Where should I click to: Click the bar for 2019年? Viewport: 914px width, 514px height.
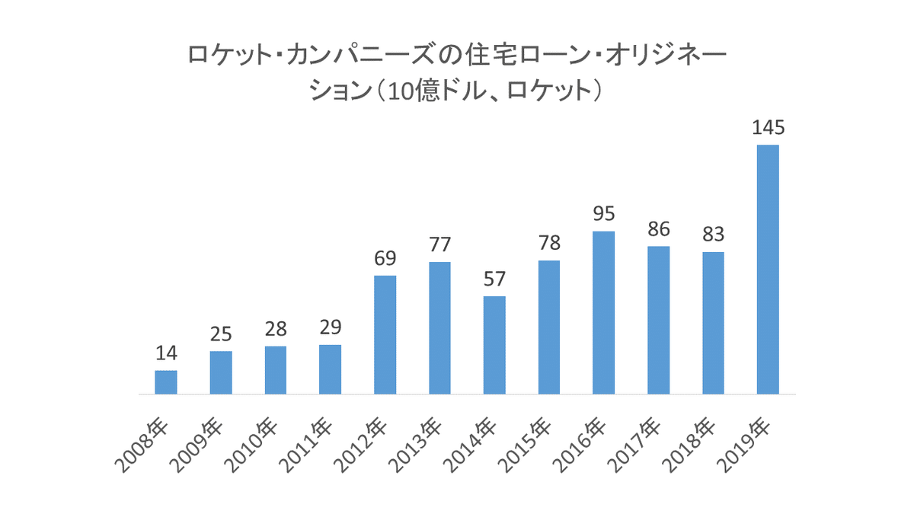coord(768,270)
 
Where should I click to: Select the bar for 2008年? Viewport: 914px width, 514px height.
coord(166,382)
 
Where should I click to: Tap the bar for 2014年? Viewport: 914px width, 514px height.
coord(494,345)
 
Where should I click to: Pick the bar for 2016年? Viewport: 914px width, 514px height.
coord(604,312)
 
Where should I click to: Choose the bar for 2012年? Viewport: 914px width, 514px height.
coord(385,335)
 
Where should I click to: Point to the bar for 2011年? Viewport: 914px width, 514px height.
coord(331,369)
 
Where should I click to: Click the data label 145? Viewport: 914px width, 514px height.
coord(768,128)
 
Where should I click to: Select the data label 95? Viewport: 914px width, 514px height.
coord(604,214)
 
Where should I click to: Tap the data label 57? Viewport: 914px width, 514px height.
coord(494,279)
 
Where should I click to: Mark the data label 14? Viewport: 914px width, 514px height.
coord(166,353)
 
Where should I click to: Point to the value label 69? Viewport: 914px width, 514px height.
coord(385,258)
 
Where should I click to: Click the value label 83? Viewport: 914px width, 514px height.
coord(713,235)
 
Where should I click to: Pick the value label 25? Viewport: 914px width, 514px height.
coord(221,334)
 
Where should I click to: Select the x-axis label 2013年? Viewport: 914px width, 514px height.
coord(416,445)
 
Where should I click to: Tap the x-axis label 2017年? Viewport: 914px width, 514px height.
coord(635,445)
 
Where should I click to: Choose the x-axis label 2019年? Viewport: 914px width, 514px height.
coord(745,445)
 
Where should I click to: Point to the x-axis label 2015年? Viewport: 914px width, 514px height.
coord(526,445)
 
